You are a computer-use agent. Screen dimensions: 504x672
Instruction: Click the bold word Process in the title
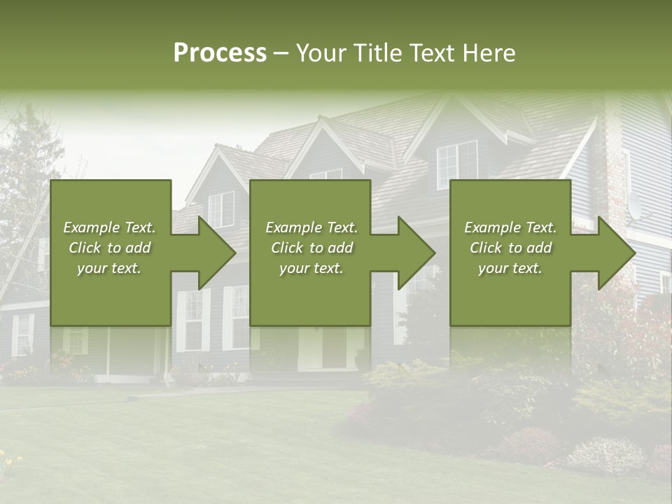pos(220,53)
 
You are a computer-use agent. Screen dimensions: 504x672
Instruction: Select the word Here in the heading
pos(490,53)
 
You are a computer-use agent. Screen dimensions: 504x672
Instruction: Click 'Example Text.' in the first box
pos(110,227)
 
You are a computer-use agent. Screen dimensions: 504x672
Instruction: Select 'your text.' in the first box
pos(110,268)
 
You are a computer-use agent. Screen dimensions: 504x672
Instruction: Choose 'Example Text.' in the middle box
pos(311,227)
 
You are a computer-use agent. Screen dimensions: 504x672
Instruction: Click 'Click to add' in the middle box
pos(311,248)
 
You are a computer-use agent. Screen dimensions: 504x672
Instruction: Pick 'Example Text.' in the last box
pos(510,227)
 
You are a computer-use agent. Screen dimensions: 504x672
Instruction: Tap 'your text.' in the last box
pos(510,268)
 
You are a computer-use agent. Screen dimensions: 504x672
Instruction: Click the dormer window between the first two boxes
pos(221,209)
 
